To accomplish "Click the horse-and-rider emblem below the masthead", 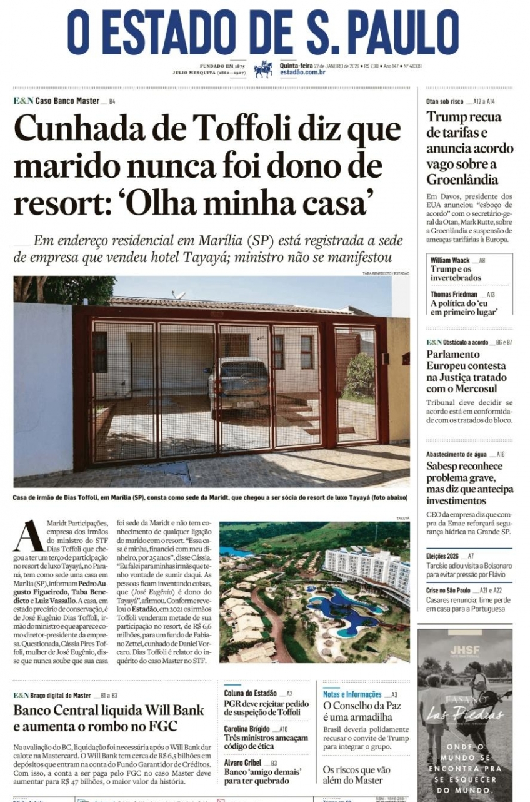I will [263, 69].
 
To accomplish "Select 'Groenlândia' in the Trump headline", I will [462, 180].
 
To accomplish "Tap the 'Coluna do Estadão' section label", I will [250, 693].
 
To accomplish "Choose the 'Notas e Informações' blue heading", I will [352, 694].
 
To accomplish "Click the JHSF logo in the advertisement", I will [464, 651].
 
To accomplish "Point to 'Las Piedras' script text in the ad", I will [464, 714].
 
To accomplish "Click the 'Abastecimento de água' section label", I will [456, 454].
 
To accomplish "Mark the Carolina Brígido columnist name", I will [247, 729].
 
